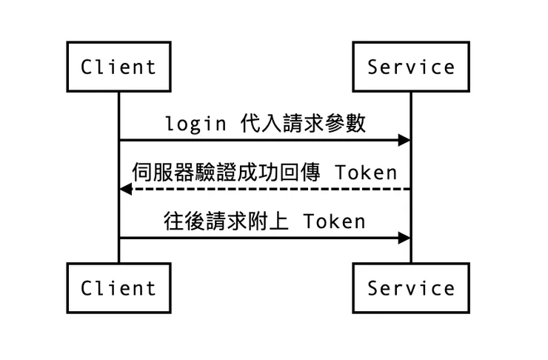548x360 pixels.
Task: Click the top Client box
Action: coord(118,67)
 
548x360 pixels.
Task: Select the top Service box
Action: coord(411,67)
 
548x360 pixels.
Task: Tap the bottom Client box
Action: coord(118,287)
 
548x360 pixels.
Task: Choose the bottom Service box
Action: coord(411,287)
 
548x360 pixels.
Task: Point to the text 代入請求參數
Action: coord(304,123)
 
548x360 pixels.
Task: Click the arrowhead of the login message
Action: coord(404,140)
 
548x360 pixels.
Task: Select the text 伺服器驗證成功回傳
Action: coord(226,173)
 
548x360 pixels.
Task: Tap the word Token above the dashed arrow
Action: coord(366,173)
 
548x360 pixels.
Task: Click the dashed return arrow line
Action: coord(267,190)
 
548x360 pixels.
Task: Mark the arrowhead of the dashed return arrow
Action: coord(126,190)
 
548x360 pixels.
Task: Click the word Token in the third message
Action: coord(333,222)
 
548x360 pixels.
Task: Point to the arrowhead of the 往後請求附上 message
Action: coord(404,238)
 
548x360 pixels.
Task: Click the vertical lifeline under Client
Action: coord(118,163)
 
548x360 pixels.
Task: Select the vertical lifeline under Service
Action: coord(411,163)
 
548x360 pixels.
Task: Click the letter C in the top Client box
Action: coord(87,67)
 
